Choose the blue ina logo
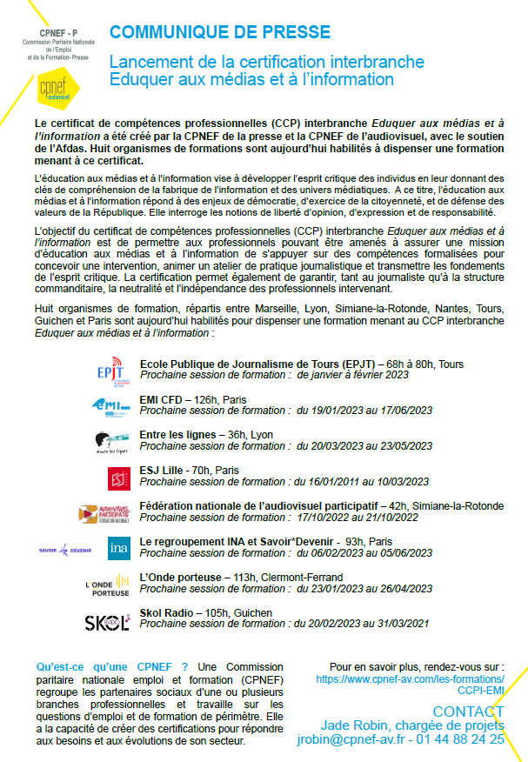pyautogui.click(x=118, y=549)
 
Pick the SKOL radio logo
pyautogui.click(x=107, y=621)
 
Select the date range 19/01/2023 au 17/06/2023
pyautogui.click(x=364, y=410)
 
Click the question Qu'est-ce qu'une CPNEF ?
pyautogui.click(x=112, y=667)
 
